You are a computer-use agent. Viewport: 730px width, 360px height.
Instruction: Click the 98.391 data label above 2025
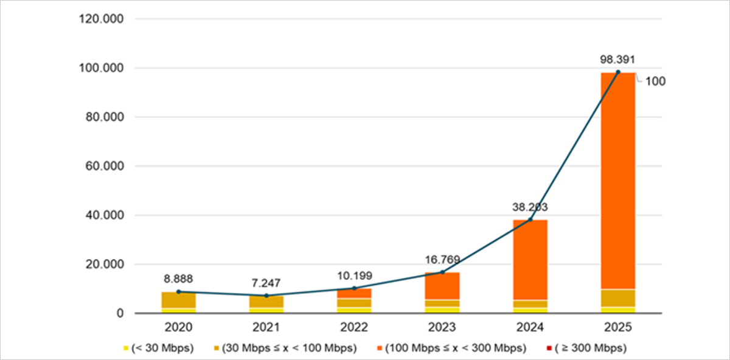(x=617, y=60)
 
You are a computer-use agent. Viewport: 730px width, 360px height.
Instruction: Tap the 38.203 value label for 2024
(x=530, y=207)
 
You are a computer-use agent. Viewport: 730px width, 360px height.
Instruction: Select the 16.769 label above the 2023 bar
(x=442, y=260)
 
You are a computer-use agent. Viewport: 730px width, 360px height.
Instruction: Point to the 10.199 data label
(x=355, y=276)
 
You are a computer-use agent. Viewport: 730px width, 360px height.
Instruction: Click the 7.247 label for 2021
(x=266, y=283)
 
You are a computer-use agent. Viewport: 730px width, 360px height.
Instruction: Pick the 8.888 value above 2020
(x=178, y=279)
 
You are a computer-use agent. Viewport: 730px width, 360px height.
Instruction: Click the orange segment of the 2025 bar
(x=618, y=181)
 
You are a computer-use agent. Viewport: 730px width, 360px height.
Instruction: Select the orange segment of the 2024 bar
(x=530, y=260)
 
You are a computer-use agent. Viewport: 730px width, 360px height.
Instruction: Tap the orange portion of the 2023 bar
(x=442, y=286)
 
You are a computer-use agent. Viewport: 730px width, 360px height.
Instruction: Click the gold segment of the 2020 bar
(x=179, y=300)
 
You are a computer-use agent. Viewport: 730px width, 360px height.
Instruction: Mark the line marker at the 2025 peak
(x=618, y=72)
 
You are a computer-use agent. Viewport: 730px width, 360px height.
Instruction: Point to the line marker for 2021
(x=266, y=296)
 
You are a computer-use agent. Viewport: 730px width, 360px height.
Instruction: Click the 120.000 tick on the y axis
(x=102, y=19)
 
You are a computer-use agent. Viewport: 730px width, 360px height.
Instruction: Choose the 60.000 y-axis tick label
(x=105, y=166)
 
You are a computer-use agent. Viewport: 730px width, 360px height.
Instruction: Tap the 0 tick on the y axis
(x=120, y=313)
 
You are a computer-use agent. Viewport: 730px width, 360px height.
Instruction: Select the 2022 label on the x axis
(x=354, y=327)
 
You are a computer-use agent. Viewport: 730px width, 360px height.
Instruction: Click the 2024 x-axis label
(x=530, y=327)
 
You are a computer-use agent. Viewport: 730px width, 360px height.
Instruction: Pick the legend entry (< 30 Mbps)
(x=159, y=348)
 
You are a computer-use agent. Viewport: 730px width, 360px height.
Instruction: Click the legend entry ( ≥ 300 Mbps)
(x=586, y=348)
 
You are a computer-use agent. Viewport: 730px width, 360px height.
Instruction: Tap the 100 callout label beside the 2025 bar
(x=655, y=81)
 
